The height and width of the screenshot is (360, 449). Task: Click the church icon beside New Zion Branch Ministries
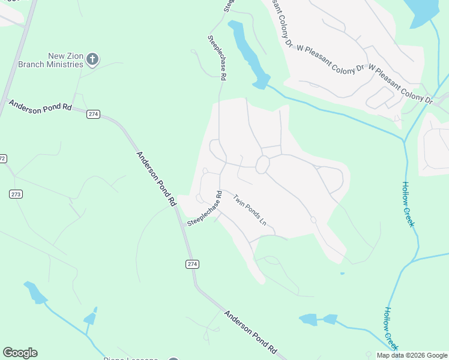point(92,59)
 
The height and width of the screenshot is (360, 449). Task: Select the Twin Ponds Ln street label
point(250,209)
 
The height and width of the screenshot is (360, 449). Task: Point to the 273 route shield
point(16,194)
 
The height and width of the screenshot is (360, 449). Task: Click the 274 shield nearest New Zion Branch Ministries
point(92,114)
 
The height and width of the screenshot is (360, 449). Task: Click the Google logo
point(20,353)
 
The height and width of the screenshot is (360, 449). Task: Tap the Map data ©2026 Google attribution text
point(412,355)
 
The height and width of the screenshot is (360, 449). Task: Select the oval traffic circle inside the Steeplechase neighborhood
point(262,165)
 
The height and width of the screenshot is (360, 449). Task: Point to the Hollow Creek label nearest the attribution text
point(391,329)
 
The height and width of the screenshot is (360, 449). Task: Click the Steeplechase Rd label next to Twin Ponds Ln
point(205,209)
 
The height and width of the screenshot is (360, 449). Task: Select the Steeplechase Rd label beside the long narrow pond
point(217,57)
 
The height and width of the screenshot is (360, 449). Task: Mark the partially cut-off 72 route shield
point(2,158)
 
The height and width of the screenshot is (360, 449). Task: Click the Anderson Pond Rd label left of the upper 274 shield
point(40,107)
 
